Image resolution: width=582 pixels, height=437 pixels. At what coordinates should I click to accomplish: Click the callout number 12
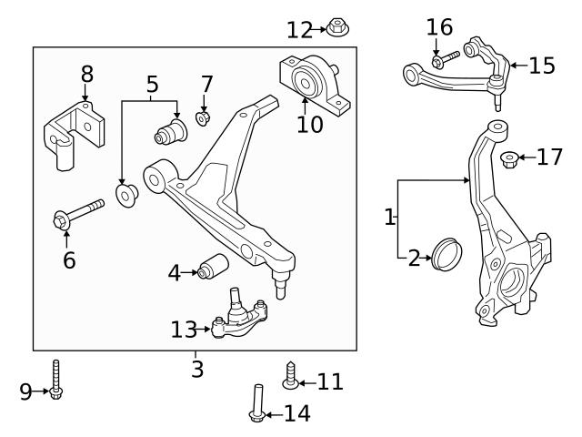[299, 30]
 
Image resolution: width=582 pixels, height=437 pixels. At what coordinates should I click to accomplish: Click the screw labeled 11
[291, 375]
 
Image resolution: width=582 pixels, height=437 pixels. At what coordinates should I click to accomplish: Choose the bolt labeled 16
[446, 60]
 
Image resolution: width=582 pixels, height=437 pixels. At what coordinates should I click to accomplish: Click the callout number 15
[542, 66]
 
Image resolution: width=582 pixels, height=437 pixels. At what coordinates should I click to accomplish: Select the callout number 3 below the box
[197, 370]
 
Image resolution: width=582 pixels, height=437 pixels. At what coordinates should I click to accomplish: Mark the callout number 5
[152, 85]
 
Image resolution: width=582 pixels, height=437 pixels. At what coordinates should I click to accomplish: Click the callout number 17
[550, 158]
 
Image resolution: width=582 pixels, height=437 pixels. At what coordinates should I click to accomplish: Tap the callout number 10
[309, 124]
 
